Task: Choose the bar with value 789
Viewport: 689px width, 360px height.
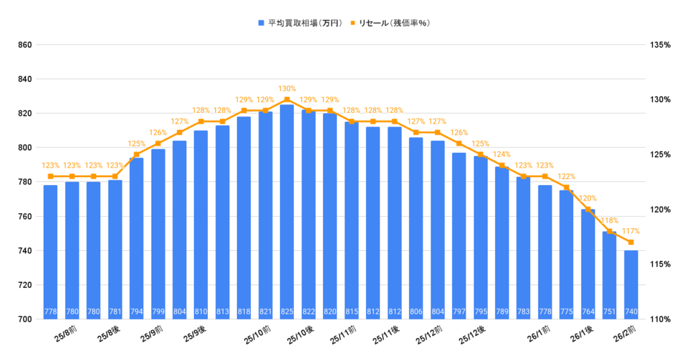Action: [502, 242]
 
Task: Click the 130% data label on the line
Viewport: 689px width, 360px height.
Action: [287, 89]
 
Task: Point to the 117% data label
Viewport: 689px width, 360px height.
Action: [630, 231]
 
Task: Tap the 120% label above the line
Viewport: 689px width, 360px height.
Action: [588, 199]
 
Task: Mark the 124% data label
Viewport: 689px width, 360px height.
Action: [502, 155]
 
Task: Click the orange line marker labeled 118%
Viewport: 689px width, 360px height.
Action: [610, 231]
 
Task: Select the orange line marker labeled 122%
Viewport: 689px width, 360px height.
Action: [567, 187]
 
